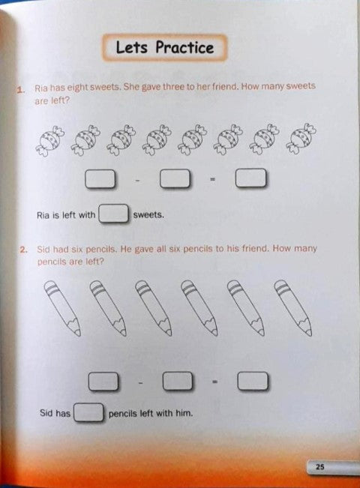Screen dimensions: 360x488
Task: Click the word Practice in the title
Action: coord(185,47)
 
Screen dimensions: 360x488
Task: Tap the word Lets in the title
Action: coord(132,47)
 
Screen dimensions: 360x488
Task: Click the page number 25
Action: coord(319,466)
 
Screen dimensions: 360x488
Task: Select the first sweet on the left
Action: coord(49,141)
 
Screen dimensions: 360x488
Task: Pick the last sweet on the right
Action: coord(303,139)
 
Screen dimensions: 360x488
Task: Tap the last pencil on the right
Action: coord(293,307)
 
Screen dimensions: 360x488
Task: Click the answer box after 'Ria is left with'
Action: coord(114,214)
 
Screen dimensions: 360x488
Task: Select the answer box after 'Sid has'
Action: coord(88,412)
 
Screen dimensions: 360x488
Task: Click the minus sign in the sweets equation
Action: coord(138,180)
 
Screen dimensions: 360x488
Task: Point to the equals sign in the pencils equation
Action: coord(214,382)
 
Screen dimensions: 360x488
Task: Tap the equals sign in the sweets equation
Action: coord(212,179)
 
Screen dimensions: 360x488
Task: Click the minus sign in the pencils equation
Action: coord(140,382)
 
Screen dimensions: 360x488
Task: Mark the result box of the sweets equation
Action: coord(251,178)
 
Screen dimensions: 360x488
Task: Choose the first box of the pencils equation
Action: coord(103,382)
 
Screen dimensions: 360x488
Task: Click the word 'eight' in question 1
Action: coord(78,88)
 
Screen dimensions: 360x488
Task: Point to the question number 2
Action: coord(24,250)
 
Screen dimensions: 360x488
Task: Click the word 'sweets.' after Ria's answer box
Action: coord(148,214)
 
